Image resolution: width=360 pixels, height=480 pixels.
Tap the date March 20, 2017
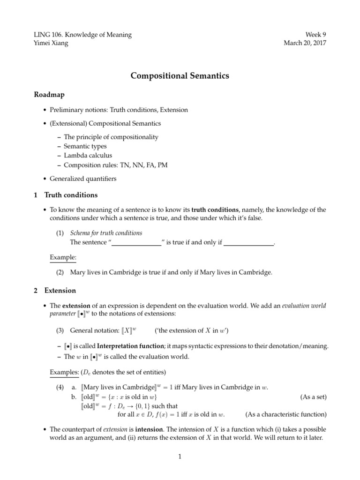(305, 43)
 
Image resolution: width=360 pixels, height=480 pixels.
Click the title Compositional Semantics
(180, 75)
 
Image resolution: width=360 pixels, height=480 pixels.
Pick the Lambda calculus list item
(88, 156)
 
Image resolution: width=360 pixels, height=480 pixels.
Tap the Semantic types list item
(85, 146)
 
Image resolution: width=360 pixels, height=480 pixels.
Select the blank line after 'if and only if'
(249, 243)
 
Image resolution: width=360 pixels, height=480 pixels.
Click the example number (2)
(60, 272)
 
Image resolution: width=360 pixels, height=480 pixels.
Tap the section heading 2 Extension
(55, 291)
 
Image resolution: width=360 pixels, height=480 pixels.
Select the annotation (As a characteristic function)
(286, 414)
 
